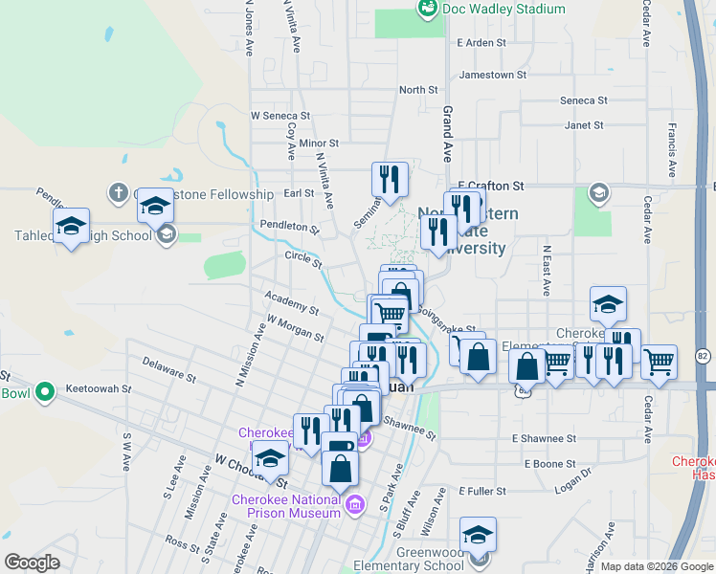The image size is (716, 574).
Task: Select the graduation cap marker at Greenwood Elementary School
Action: coord(478,536)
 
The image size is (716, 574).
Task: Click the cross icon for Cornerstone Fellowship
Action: coord(118,193)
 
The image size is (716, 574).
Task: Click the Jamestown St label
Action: coord(493,75)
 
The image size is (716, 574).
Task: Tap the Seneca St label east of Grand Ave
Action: coord(584,100)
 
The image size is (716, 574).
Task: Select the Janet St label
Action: coord(584,125)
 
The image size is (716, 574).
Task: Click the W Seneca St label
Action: coord(280,115)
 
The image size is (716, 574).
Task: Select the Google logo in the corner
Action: coord(32,563)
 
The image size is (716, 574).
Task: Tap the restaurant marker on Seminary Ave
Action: coord(390,179)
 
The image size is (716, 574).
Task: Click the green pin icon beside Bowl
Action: coord(44,392)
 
